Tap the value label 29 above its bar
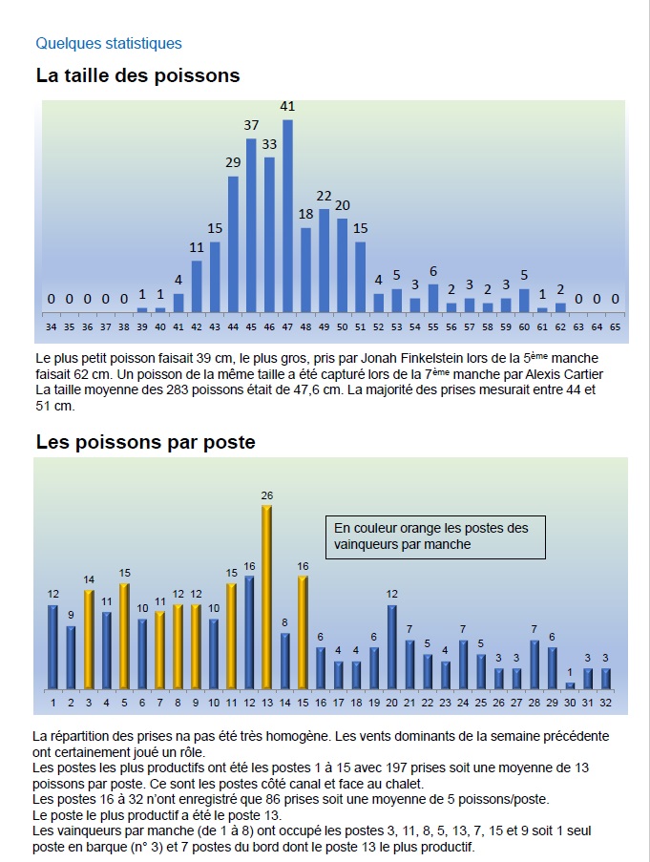click(x=233, y=162)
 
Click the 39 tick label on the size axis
click(x=141, y=326)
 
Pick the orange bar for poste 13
click(x=266, y=597)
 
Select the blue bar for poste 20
click(x=392, y=647)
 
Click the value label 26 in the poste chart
click(x=266, y=495)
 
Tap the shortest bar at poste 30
click(x=571, y=684)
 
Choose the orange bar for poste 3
click(x=89, y=640)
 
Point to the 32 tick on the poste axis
click(x=606, y=704)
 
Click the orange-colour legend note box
click(x=435, y=537)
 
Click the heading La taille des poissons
click(x=137, y=74)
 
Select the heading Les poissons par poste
click(x=145, y=442)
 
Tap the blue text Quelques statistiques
click(x=108, y=43)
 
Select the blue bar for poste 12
click(x=249, y=632)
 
